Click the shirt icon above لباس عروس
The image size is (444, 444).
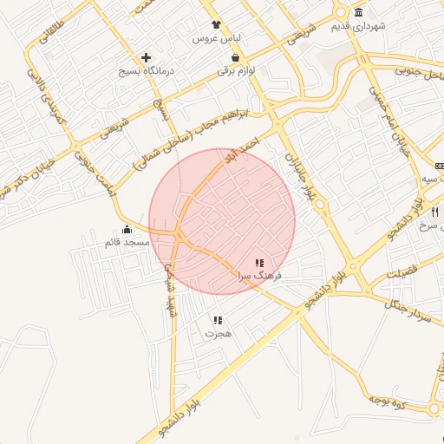pyautogui.click(x=215, y=25)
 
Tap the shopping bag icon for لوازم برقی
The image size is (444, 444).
pyautogui.click(x=236, y=57)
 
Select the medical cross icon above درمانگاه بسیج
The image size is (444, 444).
pyautogui.click(x=146, y=57)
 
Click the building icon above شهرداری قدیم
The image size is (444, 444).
pyautogui.click(x=359, y=12)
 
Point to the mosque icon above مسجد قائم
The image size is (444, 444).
pyautogui.click(x=127, y=229)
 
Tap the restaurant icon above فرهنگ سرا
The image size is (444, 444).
pyautogui.click(x=258, y=262)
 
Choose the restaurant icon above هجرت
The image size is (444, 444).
pyautogui.click(x=217, y=319)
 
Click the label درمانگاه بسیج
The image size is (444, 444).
pyautogui.click(x=147, y=70)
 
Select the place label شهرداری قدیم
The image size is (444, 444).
pyautogui.click(x=357, y=26)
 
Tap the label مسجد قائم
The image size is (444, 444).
pyautogui.click(x=127, y=242)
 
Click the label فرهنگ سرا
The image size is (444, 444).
pyautogui.click(x=257, y=275)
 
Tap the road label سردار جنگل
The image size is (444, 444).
pyautogui.click(x=410, y=309)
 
